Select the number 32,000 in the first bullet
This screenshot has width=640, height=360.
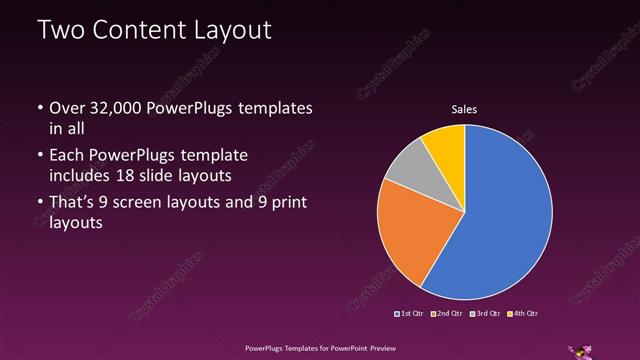[119, 107]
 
